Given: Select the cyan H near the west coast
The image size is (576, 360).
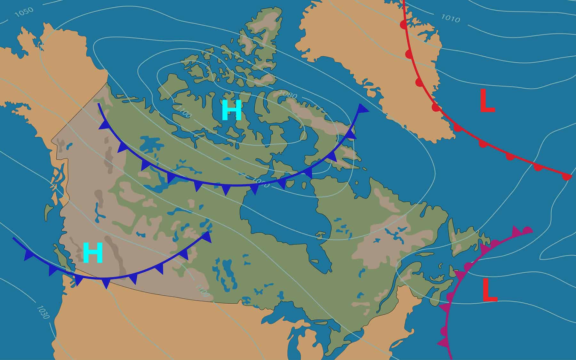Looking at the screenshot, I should coord(93,253).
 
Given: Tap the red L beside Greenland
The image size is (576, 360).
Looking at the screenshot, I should coord(487,101).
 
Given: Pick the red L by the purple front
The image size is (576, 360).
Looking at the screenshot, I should coord(490,291).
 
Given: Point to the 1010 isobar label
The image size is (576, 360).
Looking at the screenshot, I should coord(451,19).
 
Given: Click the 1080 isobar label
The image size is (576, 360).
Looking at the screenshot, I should coord(288,95).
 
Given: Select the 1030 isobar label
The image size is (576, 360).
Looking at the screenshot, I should coord(43,312).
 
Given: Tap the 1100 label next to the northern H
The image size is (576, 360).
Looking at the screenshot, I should coord(183,112).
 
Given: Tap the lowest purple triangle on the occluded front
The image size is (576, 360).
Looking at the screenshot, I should coord(443,342).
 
